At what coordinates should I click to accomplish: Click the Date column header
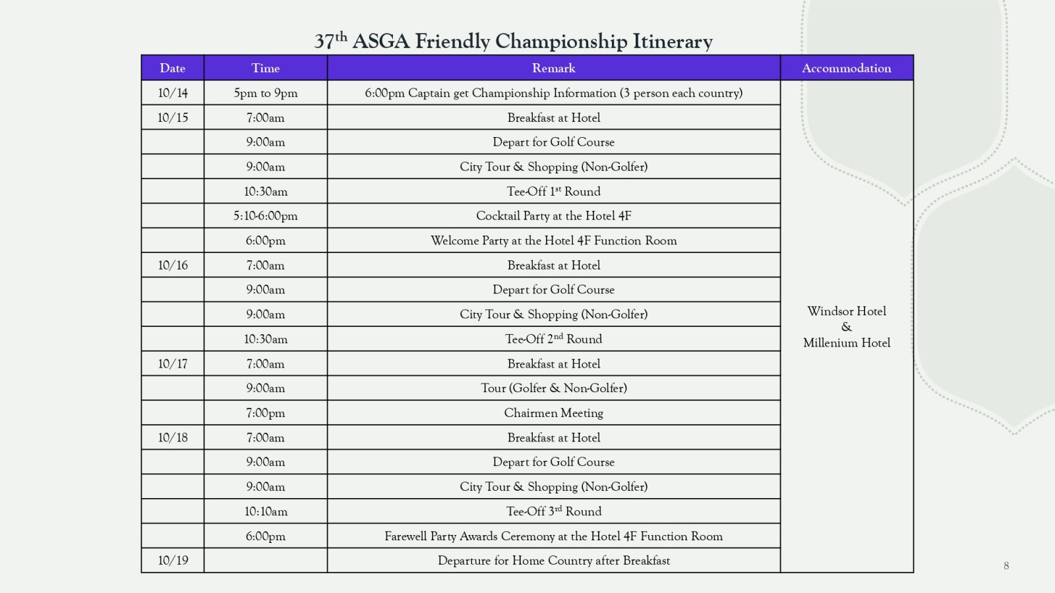coord(172,68)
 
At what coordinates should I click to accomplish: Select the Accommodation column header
coord(846,68)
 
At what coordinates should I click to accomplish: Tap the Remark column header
coord(553,68)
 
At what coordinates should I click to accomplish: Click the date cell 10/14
coord(173,93)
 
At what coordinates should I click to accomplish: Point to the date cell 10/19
coord(173,561)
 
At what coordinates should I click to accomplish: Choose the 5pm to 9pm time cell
coord(266,93)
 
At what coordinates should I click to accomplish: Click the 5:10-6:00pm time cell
coord(266,216)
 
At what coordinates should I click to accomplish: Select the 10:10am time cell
coord(266,511)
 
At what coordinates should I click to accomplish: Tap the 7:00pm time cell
coord(266,413)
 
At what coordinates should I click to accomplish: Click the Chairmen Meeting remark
coord(553,413)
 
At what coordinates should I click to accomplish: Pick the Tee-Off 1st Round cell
coord(553,192)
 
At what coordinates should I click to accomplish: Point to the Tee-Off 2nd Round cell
coord(553,339)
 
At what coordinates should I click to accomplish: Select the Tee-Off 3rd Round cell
coord(553,511)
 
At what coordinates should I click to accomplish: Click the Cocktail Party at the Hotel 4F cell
coord(553,216)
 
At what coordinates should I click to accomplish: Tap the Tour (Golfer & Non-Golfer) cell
coord(553,388)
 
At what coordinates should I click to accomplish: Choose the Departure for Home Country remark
coord(553,561)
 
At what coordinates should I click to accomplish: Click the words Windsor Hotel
coord(847,311)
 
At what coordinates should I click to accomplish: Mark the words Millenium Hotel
coord(847,343)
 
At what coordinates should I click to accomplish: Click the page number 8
coord(1006,565)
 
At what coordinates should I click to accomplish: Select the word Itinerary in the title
coord(673,42)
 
